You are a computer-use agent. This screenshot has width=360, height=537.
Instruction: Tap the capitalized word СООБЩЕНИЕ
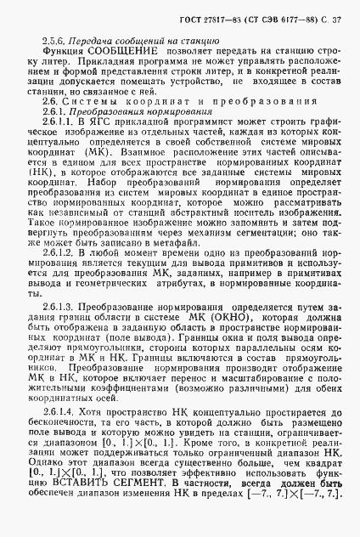click(122, 52)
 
